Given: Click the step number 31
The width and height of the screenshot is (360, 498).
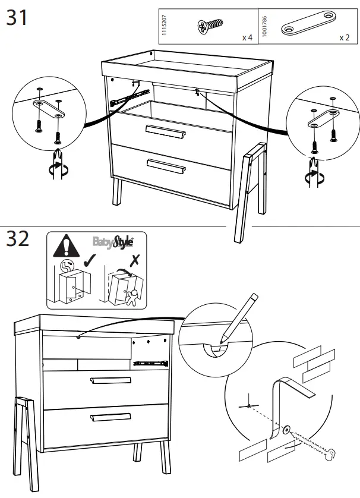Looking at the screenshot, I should point(17,17).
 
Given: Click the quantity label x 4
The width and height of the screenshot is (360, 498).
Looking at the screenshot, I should point(247,37).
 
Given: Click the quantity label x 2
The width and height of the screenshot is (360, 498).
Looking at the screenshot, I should point(344,37).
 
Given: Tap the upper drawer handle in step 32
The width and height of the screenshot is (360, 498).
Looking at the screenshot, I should point(110,380).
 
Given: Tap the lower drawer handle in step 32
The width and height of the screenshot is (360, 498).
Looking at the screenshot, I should point(111,417).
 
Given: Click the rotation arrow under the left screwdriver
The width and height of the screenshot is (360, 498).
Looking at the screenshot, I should point(56,169).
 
